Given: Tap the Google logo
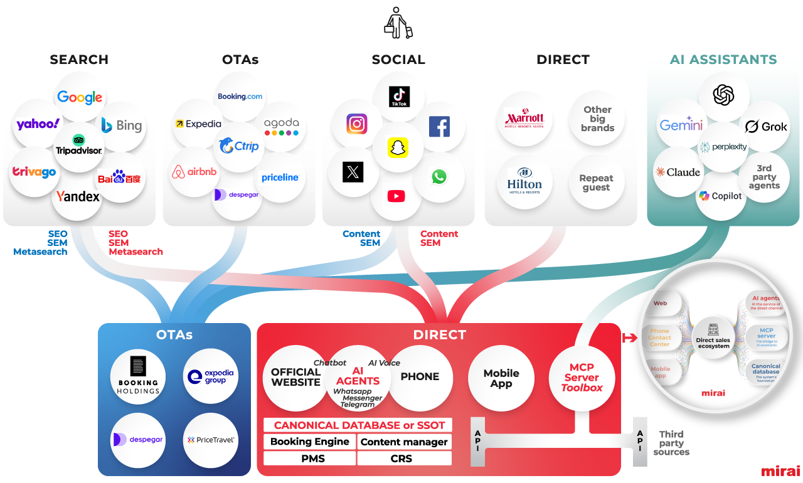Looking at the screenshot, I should tap(80, 97).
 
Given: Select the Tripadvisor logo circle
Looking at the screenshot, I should tap(78, 145).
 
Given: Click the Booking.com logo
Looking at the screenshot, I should tap(240, 97).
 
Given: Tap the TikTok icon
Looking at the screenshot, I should tap(400, 97).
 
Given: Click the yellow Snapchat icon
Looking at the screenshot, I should tap(397, 147).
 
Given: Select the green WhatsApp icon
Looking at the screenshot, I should tap(439, 177).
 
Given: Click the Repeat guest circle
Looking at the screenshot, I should tap(596, 183).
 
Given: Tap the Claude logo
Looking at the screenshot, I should tap(678, 172).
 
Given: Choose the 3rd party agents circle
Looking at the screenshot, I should tap(764, 177).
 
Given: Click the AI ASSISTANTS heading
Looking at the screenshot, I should tap(723, 60).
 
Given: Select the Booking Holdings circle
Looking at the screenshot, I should tap(138, 376).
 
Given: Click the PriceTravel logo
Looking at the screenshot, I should tap(211, 440).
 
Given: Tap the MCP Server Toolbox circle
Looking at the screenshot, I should tap(582, 377).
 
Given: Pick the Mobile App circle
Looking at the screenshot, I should tap(501, 378).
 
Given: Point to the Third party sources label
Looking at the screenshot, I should tap(671, 443).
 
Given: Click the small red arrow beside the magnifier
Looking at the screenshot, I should tap(629, 339).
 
